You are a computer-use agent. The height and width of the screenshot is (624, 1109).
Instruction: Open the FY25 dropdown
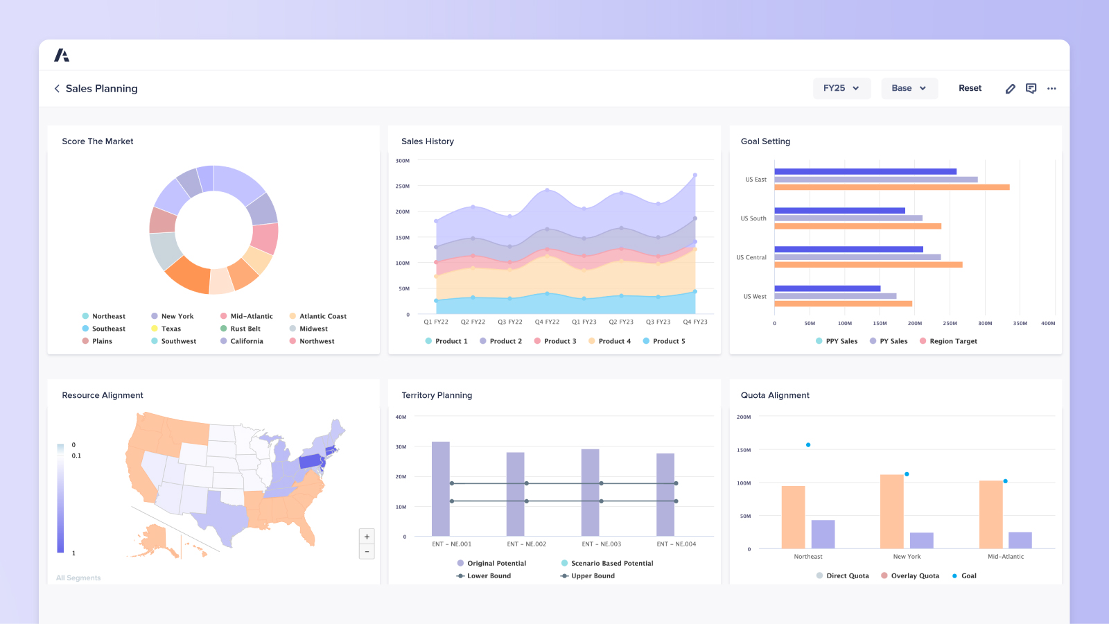841,88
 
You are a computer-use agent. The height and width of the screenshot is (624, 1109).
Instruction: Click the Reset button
970,88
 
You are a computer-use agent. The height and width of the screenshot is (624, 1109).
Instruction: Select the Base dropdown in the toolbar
909,88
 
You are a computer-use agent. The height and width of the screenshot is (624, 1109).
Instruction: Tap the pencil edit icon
1010,89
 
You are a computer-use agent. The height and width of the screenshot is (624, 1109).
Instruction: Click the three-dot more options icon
1051,89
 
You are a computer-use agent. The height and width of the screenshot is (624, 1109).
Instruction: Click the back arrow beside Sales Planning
57,89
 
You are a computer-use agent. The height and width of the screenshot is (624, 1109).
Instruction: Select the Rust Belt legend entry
245,329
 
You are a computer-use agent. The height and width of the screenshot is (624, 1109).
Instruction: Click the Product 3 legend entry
559,341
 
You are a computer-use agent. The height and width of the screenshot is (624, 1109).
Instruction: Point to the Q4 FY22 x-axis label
547,322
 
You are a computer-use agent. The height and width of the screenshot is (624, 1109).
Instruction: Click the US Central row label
751,257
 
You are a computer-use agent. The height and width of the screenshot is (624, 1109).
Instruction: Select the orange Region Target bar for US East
891,187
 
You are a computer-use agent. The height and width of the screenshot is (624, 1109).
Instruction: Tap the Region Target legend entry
952,341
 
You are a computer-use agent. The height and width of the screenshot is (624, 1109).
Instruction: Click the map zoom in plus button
367,537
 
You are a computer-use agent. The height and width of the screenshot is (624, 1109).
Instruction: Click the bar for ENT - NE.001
441,488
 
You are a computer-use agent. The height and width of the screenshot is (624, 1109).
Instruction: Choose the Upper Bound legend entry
592,575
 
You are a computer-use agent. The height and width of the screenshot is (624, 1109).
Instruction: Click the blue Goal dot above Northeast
808,445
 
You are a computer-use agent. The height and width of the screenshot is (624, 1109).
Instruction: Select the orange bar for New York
891,512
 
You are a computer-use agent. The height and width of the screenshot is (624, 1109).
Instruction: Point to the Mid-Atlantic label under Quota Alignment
1005,556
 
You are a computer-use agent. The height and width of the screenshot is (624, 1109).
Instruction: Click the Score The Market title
98,141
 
